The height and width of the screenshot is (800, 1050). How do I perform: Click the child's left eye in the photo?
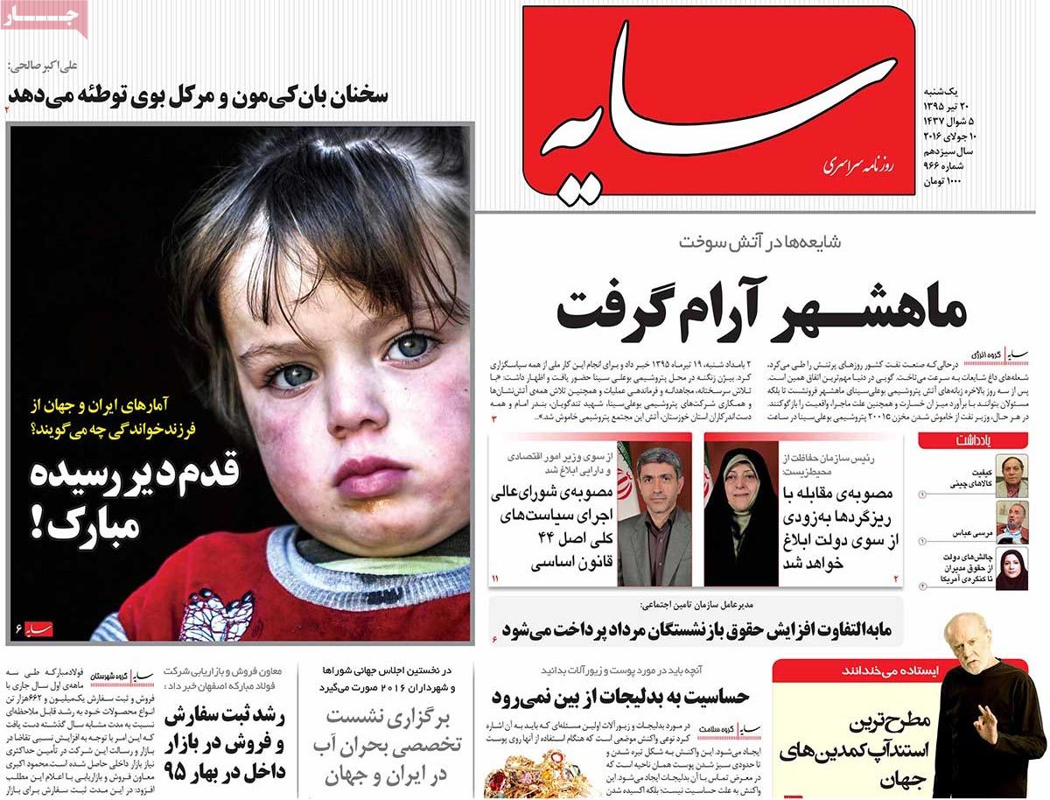coord(411,348)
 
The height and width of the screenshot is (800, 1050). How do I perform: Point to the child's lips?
coord(367,478)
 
